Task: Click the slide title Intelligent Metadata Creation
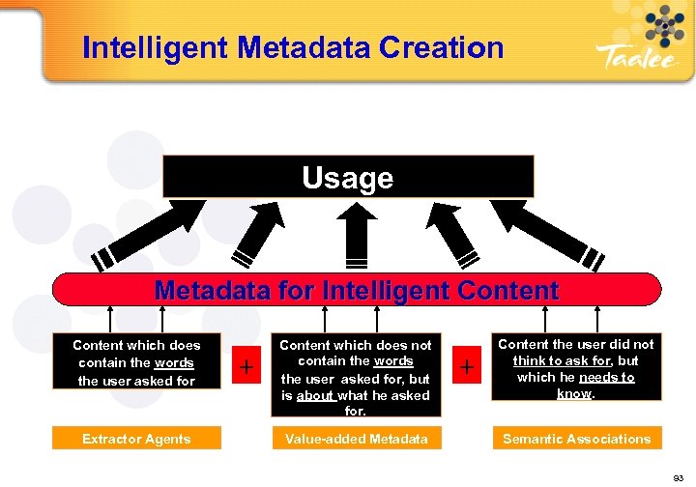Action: [x=293, y=47]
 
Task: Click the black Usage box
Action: [x=348, y=177]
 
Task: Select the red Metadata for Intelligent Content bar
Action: [x=356, y=290]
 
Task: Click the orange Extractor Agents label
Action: [x=136, y=439]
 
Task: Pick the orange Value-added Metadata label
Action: [x=356, y=439]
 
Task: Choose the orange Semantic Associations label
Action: [x=576, y=439]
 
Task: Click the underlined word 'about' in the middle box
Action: [x=315, y=395]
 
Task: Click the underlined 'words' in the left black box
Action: [x=174, y=362]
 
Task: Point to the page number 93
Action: [x=679, y=478]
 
